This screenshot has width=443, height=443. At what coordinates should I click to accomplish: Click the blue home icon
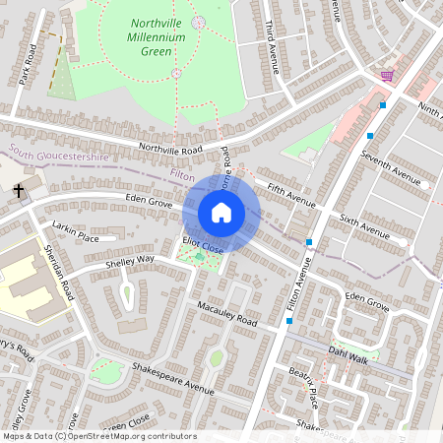click(x=221, y=213)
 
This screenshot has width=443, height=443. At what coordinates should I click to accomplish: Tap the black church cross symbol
click(x=18, y=189)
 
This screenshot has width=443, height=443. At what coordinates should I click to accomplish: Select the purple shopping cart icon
click(x=387, y=75)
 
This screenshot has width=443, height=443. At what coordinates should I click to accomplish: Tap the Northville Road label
click(x=170, y=150)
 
